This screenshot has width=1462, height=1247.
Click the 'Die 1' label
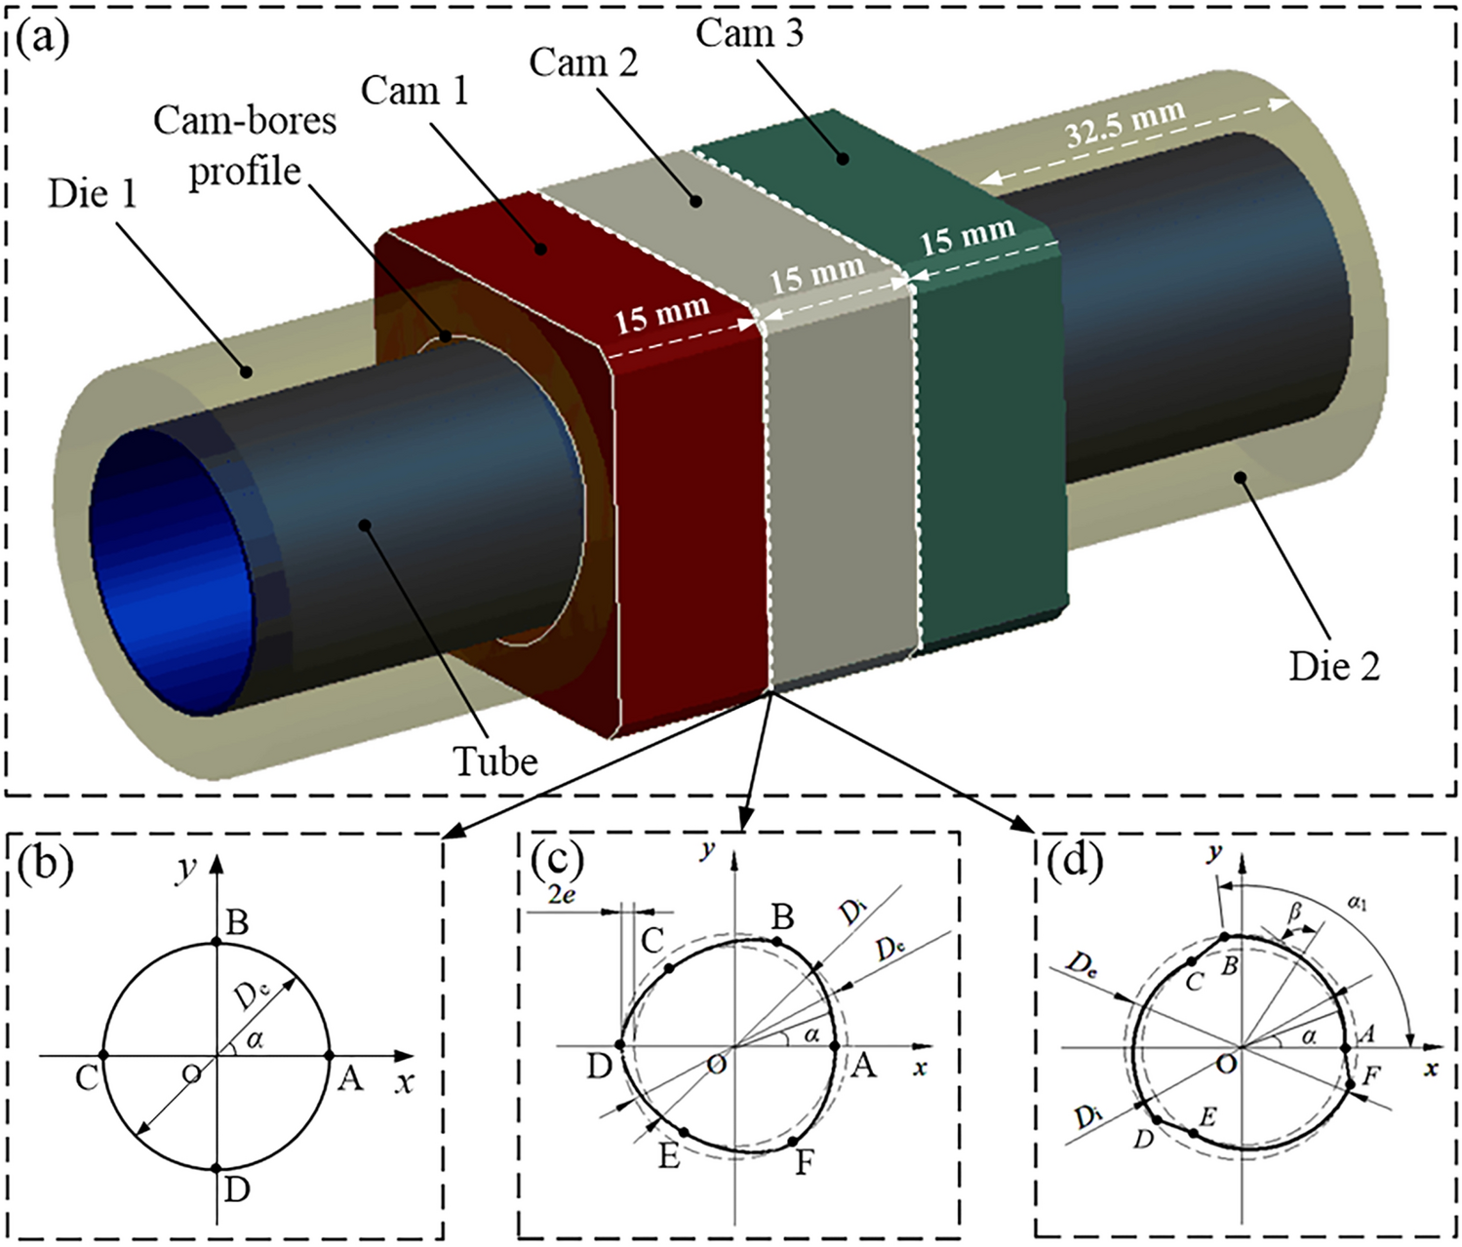click(93, 194)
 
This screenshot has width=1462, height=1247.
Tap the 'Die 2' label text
click(1334, 666)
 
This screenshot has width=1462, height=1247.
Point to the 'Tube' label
click(495, 760)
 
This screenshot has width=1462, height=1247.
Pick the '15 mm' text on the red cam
click(662, 314)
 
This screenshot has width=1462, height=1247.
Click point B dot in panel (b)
click(217, 943)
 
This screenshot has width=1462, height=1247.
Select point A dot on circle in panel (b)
click(329, 1055)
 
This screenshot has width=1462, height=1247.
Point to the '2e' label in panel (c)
click(561, 895)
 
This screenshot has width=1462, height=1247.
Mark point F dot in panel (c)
click(793, 1141)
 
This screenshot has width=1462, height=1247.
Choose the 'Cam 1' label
click(415, 91)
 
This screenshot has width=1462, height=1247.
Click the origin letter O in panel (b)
click(192, 1072)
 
